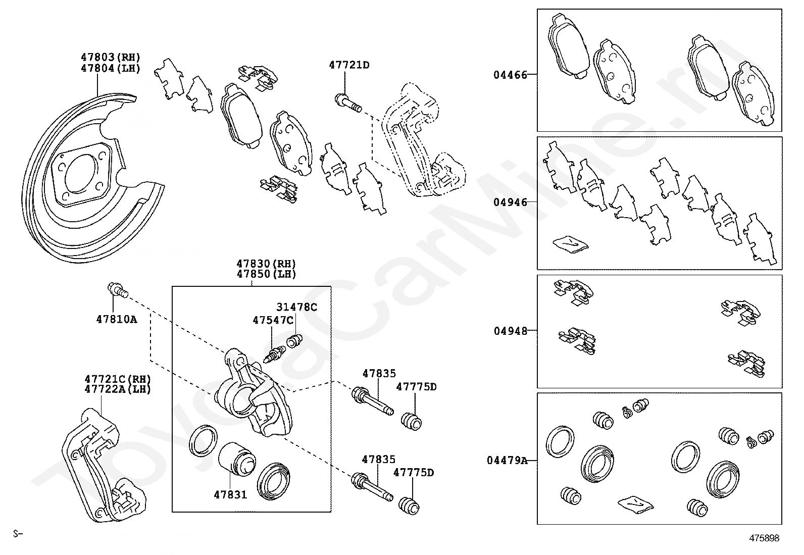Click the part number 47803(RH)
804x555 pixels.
click(110, 58)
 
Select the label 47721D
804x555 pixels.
click(349, 65)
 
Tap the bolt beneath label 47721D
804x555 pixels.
click(348, 103)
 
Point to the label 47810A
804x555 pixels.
click(117, 319)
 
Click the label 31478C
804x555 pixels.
click(296, 307)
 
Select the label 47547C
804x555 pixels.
click(273, 320)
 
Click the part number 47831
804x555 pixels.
click(230, 495)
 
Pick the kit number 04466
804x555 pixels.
click(510, 75)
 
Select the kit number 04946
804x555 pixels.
click(510, 203)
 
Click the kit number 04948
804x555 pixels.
click(510, 331)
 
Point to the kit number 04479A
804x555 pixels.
click(507, 461)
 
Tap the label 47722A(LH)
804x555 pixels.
click(118, 389)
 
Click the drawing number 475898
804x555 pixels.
click(764, 538)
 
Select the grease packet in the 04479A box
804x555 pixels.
click(635, 503)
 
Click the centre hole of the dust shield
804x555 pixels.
click(81, 175)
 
